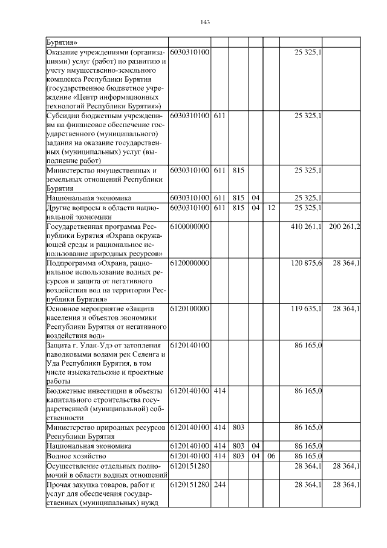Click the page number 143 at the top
coord(204,22)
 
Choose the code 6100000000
coord(190,226)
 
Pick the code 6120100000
coord(190,308)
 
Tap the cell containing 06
coord(271,455)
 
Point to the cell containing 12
coord(271,208)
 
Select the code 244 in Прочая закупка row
coord(219,485)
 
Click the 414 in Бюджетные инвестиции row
coord(219,391)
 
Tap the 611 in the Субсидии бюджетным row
coord(219,115)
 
